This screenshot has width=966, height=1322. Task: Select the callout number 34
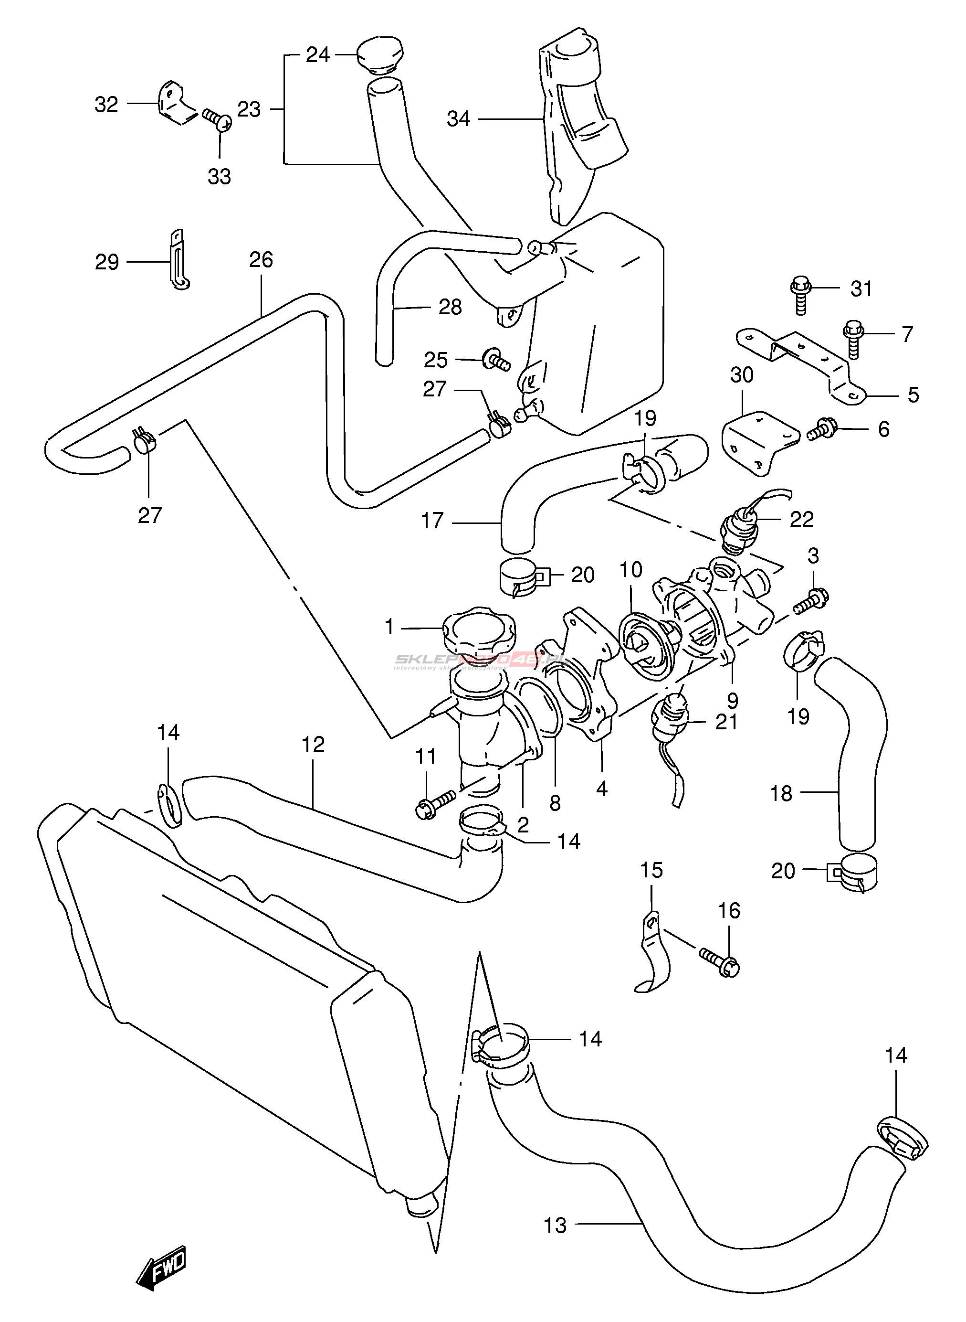459,119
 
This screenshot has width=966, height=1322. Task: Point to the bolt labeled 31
800,296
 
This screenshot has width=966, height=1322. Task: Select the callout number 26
261,260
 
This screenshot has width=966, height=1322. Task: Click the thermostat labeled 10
647,646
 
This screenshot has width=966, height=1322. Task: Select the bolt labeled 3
812,601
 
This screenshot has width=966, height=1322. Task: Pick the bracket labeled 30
760,442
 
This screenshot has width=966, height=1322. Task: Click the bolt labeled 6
823,431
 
